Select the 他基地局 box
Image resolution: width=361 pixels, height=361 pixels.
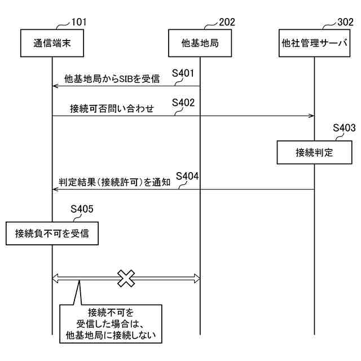(x=200, y=42)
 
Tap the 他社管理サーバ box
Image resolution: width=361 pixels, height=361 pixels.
(x=314, y=42)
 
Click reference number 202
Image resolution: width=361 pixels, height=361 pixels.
(x=226, y=23)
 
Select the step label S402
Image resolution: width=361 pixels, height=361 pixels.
(x=184, y=103)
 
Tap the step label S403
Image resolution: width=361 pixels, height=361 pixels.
(x=344, y=127)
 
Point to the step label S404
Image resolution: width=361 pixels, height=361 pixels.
(x=187, y=176)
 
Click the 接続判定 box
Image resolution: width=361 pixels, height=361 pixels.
(x=314, y=152)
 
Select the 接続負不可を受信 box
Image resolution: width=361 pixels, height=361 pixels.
(x=52, y=233)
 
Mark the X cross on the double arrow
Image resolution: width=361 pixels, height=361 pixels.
(x=126, y=278)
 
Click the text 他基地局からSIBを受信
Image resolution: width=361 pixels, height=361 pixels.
(x=112, y=80)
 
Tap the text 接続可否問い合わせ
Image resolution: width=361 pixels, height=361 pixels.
(x=112, y=109)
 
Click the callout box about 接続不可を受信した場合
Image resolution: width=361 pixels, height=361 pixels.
(x=111, y=324)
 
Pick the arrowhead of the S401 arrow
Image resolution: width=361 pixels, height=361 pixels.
(x=55, y=86)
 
